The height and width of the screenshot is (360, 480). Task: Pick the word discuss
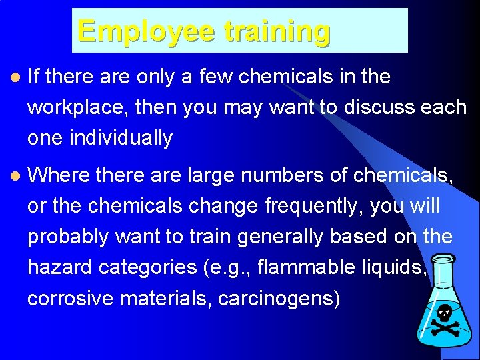pyautogui.click(x=378, y=107)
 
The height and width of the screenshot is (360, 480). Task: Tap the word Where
pyautogui.click(x=59, y=175)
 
